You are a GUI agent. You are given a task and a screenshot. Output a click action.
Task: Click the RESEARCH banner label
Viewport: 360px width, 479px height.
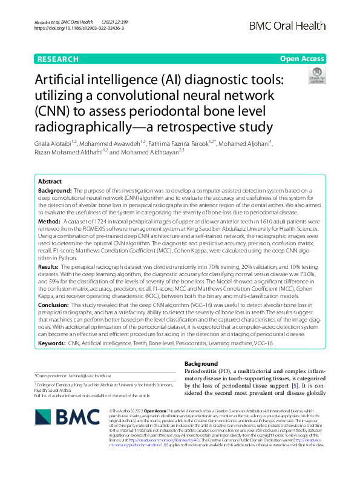(57, 59)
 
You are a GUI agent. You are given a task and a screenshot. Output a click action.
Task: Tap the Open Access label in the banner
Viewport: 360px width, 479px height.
(300, 59)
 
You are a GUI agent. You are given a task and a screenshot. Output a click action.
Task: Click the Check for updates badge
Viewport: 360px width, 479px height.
(316, 76)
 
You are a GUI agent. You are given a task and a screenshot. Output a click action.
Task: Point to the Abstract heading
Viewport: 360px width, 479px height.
(50, 165)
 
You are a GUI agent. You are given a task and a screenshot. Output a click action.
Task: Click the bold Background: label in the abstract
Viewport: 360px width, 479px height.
(56, 173)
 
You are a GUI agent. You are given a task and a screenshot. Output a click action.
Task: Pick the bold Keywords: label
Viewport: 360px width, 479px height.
(52, 343)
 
